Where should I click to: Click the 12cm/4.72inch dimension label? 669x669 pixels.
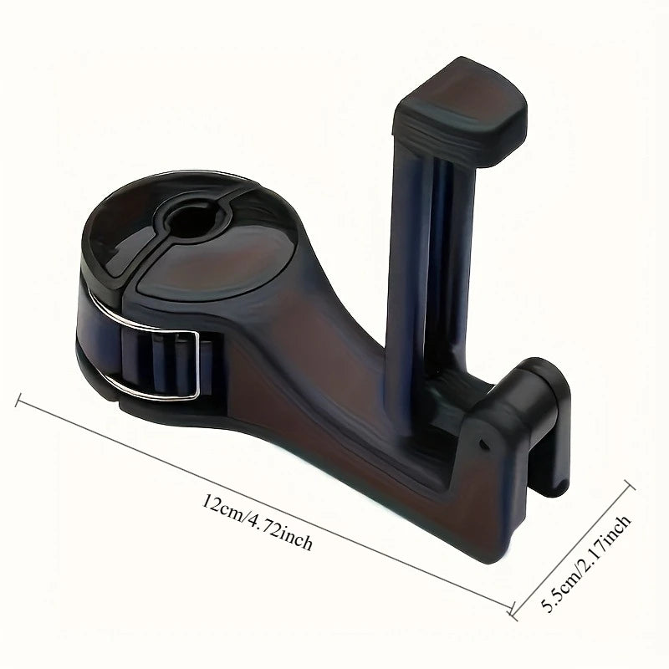tap(257, 521)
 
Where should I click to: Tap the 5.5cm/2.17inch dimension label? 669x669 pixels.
tap(586, 563)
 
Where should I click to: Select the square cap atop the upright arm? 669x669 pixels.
tap(460, 111)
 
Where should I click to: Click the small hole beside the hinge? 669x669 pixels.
tap(483, 444)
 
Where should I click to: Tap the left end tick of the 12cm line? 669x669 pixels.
tap(18, 400)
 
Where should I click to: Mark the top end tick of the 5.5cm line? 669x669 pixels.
tap(630, 485)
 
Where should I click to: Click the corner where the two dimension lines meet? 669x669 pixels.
tap(512, 611)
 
